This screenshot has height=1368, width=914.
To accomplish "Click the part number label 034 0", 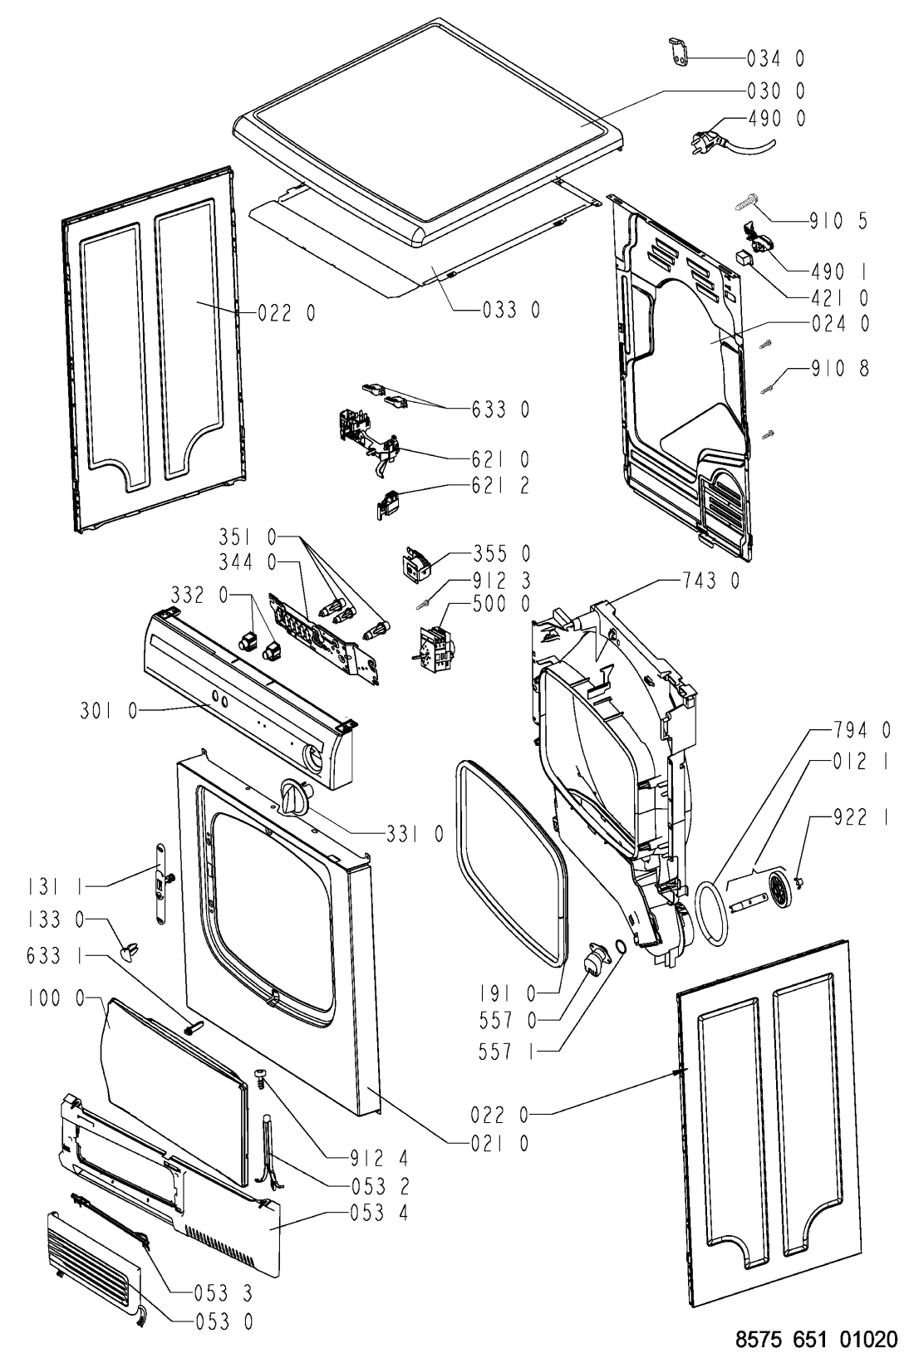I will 776,58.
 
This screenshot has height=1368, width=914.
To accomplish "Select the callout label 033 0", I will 511,310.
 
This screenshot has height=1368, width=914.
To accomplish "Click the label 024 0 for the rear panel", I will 841,325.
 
